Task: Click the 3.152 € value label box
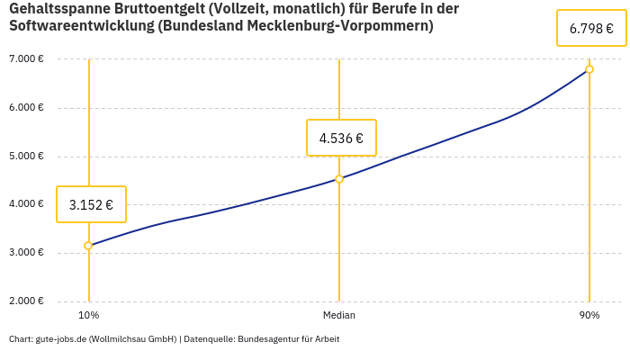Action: (91, 204)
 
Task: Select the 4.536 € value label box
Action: (341, 138)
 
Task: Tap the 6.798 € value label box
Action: (591, 29)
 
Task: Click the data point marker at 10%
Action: (88, 246)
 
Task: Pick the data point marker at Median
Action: (339, 179)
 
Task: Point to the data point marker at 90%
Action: (589, 69)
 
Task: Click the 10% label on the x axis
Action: (88, 315)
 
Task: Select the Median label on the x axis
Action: (339, 315)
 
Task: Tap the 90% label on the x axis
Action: (589, 315)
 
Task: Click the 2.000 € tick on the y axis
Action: (26, 301)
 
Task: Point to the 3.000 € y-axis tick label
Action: (26, 252)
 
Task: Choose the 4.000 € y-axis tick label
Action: (26, 204)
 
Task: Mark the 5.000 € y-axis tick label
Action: (26, 156)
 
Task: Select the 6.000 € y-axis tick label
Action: (26, 107)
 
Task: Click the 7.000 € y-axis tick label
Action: (26, 59)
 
